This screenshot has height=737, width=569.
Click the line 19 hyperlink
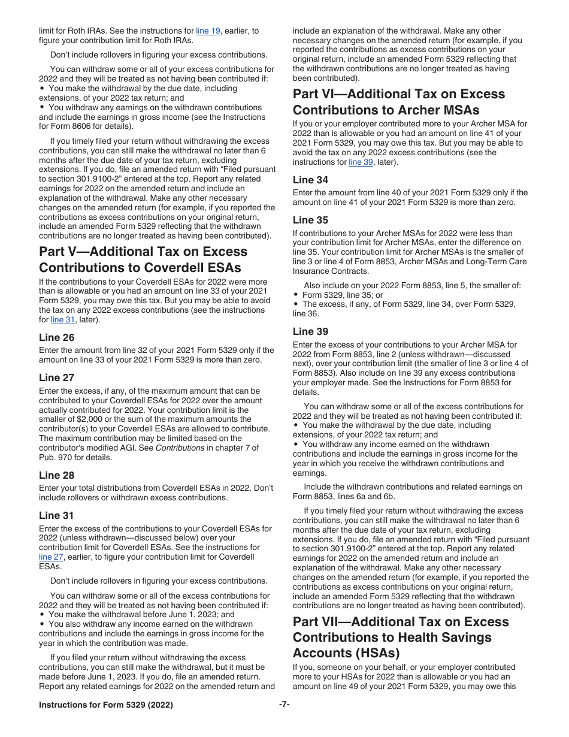coord(208,31)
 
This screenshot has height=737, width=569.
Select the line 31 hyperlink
coord(62,319)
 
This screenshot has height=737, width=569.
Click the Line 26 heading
coord(57,337)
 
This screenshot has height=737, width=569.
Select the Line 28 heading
coord(57,475)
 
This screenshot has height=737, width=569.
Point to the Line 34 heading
coord(310,180)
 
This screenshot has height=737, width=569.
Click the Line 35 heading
coord(310,220)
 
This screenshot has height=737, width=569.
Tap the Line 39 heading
coord(310,331)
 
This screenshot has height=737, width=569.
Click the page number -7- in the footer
coord(284,705)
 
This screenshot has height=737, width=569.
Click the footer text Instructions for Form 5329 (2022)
coord(106,705)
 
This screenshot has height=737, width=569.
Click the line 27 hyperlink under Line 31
coord(51,557)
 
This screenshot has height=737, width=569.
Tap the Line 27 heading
coord(57,377)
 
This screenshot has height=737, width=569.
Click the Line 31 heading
coord(57,515)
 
